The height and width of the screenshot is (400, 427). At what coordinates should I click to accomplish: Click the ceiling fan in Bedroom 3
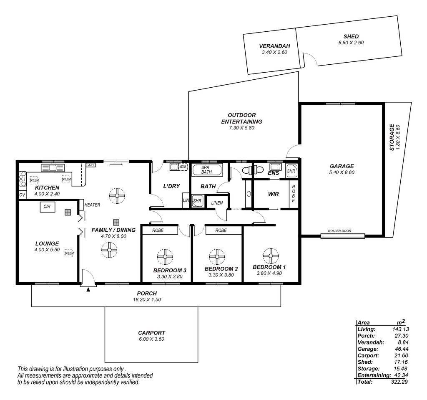click(165, 257)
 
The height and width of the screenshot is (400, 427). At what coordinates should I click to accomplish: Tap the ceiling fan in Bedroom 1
click(271, 256)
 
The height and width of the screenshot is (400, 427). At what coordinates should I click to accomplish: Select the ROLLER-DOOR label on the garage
click(339, 230)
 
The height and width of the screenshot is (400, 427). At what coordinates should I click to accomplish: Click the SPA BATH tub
click(207, 170)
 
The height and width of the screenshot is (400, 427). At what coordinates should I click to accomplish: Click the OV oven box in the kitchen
click(22, 195)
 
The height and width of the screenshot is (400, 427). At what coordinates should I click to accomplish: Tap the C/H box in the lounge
click(48, 207)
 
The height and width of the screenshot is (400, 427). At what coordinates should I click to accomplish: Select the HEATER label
click(92, 205)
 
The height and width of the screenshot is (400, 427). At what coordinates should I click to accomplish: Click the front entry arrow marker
click(88, 289)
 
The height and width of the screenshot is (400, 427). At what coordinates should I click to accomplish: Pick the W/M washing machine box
click(183, 166)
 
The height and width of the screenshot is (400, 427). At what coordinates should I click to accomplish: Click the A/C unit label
click(90, 165)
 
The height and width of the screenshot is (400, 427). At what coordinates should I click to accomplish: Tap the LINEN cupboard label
click(217, 203)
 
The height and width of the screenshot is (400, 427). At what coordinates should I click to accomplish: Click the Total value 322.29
click(399, 382)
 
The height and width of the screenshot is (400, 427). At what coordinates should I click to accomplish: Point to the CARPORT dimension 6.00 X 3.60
click(151, 339)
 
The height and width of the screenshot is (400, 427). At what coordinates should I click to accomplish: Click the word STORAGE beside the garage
click(392, 137)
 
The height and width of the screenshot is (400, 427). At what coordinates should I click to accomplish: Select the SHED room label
click(351, 36)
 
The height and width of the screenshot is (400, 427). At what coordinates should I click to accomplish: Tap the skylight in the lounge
click(69, 253)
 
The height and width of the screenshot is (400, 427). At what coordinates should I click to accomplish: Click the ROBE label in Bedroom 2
click(221, 230)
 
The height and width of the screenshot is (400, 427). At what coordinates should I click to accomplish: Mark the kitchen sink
click(52, 167)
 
